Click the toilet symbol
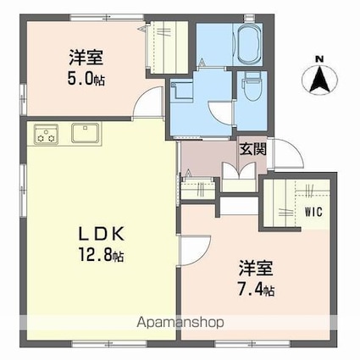tap(252, 86)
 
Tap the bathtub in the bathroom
tap(249, 44)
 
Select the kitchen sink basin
tap(86, 133)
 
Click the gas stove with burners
tap(46, 134)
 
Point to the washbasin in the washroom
tap(181, 90)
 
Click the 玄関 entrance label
tap(253, 149)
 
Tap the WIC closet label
tap(313, 212)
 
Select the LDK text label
tap(102, 234)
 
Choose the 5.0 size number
tap(80, 79)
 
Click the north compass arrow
tap(319, 79)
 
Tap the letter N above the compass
tap(319, 59)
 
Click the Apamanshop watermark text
tap(180, 323)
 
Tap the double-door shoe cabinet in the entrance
tap(239, 177)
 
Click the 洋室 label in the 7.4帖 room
tap(256, 269)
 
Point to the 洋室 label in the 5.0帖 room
tap(86, 58)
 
